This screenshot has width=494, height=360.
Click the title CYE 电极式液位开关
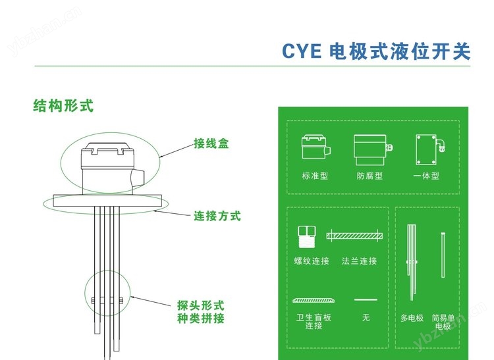pyautogui.click(x=376, y=51)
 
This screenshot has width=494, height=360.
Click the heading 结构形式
pyautogui.click(x=64, y=105)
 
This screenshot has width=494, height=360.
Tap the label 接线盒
pyautogui.click(x=211, y=143)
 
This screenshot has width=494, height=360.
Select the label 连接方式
pyautogui.click(x=217, y=215)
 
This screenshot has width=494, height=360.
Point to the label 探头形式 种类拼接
pyautogui.click(x=201, y=313)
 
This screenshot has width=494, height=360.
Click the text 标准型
pyautogui.click(x=315, y=176)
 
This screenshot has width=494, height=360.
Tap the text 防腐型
pyautogui.click(x=370, y=176)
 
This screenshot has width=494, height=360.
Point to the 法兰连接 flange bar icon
pyautogui.click(x=356, y=236)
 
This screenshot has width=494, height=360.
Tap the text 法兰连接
pyautogui.click(x=360, y=261)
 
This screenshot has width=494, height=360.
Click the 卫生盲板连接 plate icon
pyautogui.click(x=313, y=300)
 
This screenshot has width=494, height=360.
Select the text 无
pyautogui.click(x=366, y=318)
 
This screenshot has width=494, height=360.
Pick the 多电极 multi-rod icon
pyautogui.click(x=412, y=263)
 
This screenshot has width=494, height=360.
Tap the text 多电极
pyautogui.click(x=412, y=318)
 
